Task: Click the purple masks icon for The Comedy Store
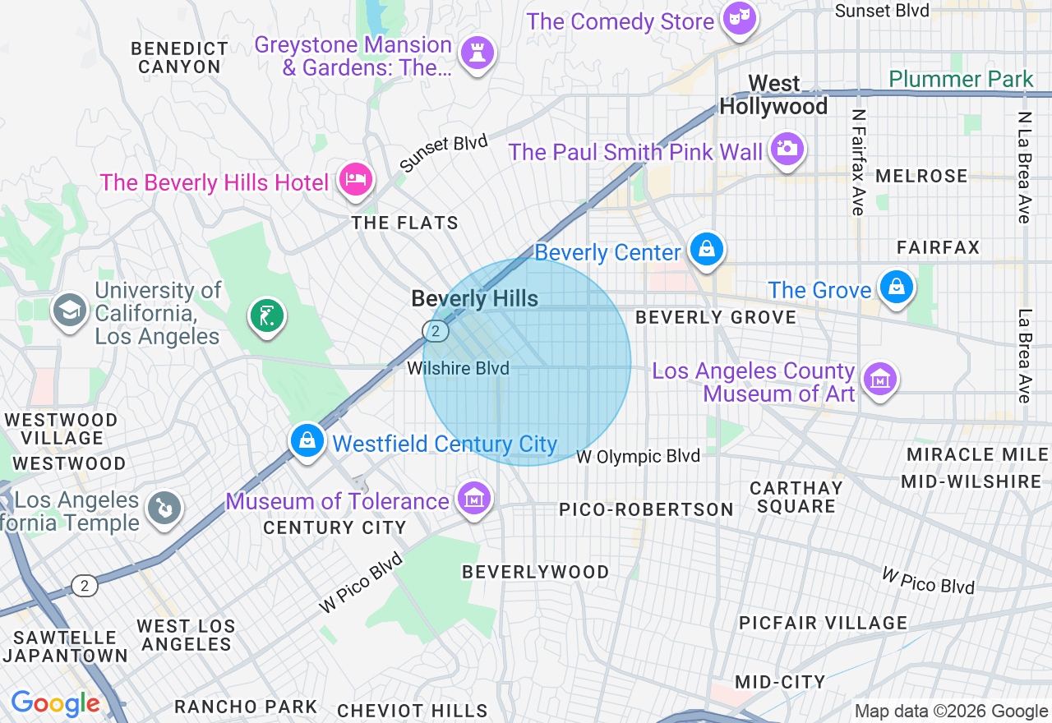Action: (739, 17)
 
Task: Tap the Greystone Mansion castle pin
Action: (477, 52)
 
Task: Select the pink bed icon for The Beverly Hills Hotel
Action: (355, 177)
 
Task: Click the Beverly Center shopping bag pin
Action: (706, 248)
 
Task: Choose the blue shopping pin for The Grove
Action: (896, 287)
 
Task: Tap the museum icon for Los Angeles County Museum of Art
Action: (879, 380)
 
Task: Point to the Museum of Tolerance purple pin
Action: (475, 497)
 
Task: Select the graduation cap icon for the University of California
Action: (70, 310)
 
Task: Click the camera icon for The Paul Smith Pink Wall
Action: (787, 148)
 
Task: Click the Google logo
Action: (56, 703)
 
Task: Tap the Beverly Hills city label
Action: (475, 299)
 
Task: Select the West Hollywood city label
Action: (773, 95)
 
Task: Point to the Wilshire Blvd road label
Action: (458, 369)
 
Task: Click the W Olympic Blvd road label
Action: (639, 456)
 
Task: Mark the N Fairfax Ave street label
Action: (858, 162)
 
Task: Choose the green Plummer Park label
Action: (961, 80)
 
